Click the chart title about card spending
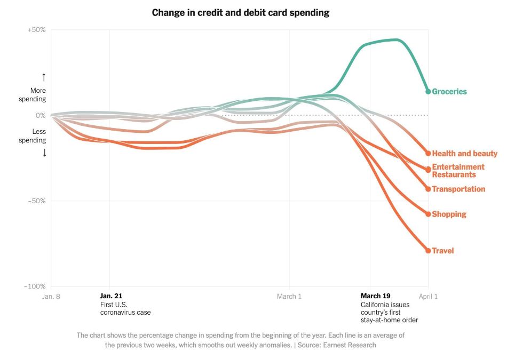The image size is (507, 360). tap(240, 12)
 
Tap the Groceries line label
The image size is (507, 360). tap(449, 92)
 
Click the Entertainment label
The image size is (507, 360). tap(458, 167)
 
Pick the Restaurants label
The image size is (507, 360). tap(454, 174)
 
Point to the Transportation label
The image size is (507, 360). tap(458, 189)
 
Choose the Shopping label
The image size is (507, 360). tap(449, 214)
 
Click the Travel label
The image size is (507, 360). tap(442, 251)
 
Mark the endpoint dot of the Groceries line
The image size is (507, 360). tap(428, 92)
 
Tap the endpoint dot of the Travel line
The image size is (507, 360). tap(428, 251)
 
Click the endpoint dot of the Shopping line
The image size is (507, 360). tap(428, 214)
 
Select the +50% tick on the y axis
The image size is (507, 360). tap(36, 30)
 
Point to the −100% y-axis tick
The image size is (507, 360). tap(35, 287)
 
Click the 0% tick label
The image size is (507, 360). tap(41, 115)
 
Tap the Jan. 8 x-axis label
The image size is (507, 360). tap(52, 297)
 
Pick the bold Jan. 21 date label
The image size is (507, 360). tap(112, 296)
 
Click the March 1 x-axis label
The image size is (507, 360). tap(289, 297)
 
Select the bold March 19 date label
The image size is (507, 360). tap(375, 296)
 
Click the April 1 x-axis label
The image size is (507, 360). tap(428, 297)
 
